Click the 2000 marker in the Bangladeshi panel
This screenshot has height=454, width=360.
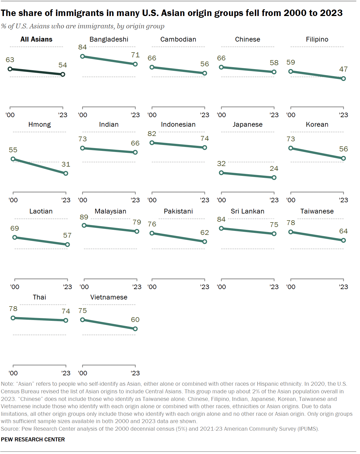click(82, 56)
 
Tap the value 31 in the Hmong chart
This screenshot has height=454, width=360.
click(66, 164)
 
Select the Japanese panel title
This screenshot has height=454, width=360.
click(247, 124)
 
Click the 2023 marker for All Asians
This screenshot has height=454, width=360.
click(63, 74)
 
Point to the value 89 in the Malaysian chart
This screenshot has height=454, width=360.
click(84, 217)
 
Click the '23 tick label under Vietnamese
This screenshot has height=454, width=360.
click(135, 373)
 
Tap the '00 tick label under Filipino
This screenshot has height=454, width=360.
click(291, 115)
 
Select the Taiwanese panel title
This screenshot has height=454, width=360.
click(317, 211)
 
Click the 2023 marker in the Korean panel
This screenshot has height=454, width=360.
click(343, 158)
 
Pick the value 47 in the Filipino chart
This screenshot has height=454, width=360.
click(343, 69)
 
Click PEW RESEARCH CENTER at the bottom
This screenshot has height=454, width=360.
click(33, 439)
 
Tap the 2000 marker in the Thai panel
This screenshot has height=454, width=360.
click(13, 318)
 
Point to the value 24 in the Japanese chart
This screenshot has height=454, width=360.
click(274, 169)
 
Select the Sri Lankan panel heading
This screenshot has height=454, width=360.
click(247, 211)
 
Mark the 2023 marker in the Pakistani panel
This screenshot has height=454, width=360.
click(205, 242)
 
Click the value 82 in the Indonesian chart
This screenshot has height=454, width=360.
click(152, 134)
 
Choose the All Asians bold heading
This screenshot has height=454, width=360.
click(36, 39)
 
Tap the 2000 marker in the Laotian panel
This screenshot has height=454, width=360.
click(15, 237)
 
